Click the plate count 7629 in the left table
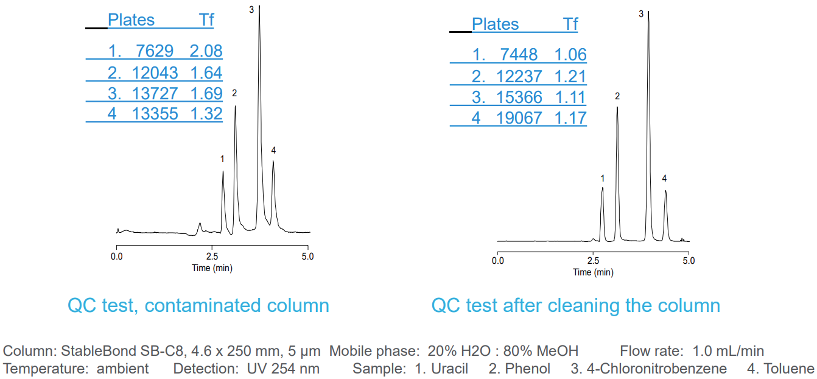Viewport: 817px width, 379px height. (x=155, y=51)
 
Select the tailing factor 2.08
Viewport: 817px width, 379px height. (x=206, y=51)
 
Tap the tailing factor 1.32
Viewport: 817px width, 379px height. (x=206, y=114)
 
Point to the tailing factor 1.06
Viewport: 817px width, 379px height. (x=570, y=55)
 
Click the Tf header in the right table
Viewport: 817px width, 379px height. (x=570, y=24)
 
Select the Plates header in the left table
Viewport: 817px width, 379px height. (x=131, y=20)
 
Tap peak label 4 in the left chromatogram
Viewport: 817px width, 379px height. (x=273, y=150)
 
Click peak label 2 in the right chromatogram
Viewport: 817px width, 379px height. (x=617, y=96)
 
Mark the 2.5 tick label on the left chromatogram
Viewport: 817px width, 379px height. (x=212, y=257)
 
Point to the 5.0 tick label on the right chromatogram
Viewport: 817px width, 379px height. (x=689, y=261)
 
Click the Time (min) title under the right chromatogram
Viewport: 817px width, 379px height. (x=593, y=272)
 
